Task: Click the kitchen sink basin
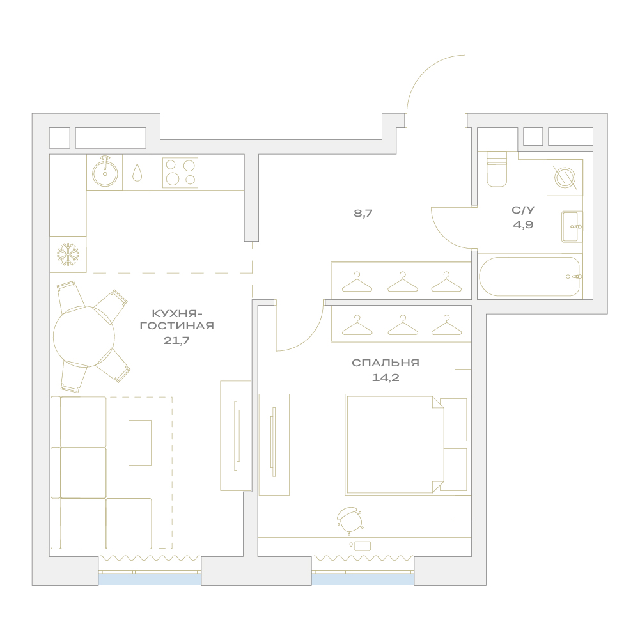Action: click(x=105, y=173)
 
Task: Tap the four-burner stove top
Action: click(x=180, y=173)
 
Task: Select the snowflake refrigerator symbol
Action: click(x=68, y=254)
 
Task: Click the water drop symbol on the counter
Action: click(x=137, y=173)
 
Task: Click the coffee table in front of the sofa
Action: click(x=140, y=443)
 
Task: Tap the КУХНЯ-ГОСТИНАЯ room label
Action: click(x=176, y=320)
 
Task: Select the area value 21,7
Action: click(x=176, y=340)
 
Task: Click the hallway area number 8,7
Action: click(x=363, y=213)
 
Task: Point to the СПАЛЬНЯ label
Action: click(x=386, y=363)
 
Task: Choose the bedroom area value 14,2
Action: click(x=386, y=378)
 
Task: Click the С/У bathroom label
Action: click(x=523, y=210)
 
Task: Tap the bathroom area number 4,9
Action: click(x=523, y=225)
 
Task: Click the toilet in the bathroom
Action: click(x=497, y=169)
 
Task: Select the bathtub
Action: click(x=530, y=276)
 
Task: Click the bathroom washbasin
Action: click(x=572, y=226)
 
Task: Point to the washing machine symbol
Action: click(x=565, y=178)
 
